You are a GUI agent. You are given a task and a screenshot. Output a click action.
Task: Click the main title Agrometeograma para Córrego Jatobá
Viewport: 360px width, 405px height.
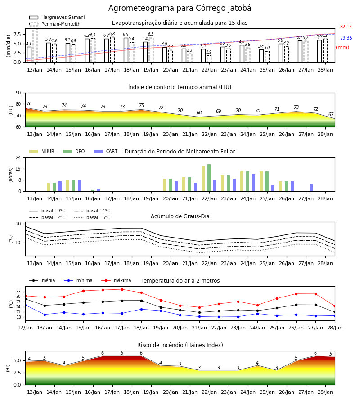point(180,8)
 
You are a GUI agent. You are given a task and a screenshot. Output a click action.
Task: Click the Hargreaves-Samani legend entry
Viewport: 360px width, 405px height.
point(57,17)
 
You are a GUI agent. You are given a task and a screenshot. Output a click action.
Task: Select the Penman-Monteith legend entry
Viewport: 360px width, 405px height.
point(55,24)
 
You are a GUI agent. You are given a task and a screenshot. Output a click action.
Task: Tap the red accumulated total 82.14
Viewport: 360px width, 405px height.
point(346,27)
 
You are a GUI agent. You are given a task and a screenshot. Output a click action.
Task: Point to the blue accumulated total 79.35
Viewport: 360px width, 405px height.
point(346,38)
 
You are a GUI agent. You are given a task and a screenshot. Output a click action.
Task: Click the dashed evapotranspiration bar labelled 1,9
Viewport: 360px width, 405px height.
point(209,59)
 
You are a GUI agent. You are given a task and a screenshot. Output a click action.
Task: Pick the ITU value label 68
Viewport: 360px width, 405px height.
point(199,112)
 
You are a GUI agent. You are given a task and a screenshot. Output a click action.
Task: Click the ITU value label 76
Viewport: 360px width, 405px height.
point(29,103)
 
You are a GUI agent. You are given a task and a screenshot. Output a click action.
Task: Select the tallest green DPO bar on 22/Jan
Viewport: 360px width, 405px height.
point(209,178)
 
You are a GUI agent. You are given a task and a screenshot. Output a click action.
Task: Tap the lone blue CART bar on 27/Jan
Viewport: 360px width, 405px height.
point(312,188)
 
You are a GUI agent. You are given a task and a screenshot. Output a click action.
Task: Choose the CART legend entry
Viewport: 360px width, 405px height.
point(106,151)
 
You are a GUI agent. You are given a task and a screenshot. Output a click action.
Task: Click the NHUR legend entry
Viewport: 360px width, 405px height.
point(42,151)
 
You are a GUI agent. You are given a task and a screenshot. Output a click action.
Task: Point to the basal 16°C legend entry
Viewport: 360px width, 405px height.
point(92,217)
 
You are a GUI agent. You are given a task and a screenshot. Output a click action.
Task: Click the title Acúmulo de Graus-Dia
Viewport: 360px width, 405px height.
point(180,216)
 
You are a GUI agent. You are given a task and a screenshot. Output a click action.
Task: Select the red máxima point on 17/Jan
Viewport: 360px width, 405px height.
point(122,289)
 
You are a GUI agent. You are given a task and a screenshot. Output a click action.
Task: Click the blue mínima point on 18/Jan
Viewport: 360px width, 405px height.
point(141,309)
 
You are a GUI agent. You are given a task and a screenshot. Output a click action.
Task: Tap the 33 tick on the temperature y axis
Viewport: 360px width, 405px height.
point(18,292)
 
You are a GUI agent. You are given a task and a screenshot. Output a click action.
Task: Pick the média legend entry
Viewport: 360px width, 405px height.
point(42,280)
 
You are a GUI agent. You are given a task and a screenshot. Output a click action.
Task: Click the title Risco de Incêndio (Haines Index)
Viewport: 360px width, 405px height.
point(180,345)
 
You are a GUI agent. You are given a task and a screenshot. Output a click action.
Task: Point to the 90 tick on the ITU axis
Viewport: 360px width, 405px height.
point(18,93)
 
